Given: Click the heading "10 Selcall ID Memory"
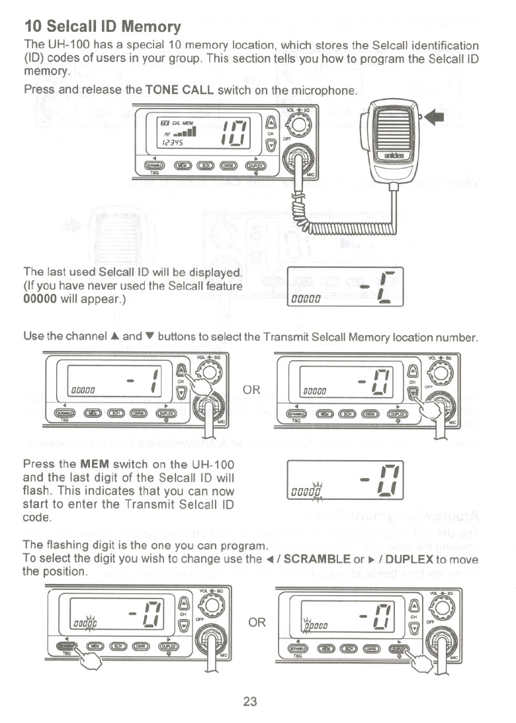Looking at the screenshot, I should coord(103,26).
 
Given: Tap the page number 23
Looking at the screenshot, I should coord(249,702).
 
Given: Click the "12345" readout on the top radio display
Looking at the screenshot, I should coord(171,141).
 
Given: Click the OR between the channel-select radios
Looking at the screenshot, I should coord(252,390).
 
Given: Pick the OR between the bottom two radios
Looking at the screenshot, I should coord(257,622).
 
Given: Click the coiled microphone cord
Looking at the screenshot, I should coord(344,228).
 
